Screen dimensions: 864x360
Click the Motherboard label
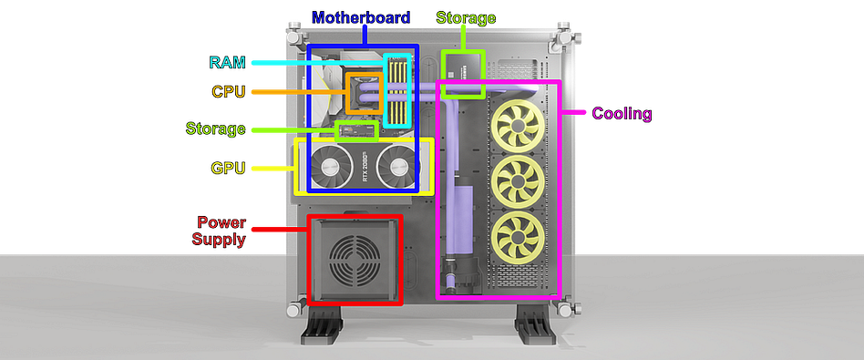361,17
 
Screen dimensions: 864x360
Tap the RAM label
227,62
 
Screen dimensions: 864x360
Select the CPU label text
229,91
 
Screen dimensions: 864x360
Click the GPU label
228,168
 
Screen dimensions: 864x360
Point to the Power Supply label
221,231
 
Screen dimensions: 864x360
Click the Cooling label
622,114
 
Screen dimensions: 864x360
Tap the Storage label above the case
466,18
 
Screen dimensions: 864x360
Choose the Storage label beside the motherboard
215,129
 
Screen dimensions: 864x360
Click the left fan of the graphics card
331,167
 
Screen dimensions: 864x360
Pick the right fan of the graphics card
398,167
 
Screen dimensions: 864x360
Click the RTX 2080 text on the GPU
365,168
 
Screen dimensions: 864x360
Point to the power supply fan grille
355,259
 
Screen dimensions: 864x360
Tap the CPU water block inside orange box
364,92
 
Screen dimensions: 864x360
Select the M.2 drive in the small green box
357,131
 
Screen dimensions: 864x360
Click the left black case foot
321,329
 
